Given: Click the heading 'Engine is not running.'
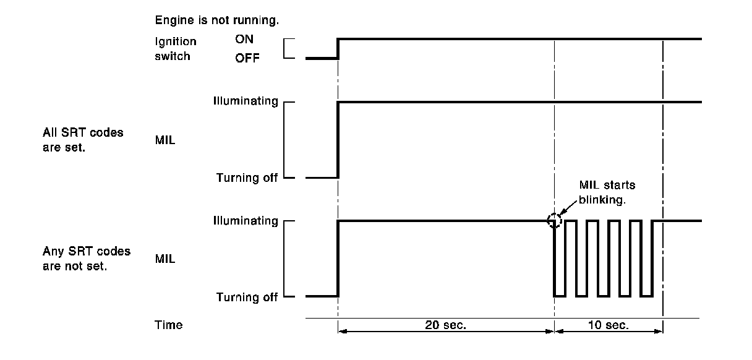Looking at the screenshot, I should [x=216, y=20].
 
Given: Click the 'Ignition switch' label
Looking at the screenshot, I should [x=176, y=49].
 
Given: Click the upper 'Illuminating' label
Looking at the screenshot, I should [x=247, y=101].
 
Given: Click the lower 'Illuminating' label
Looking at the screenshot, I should [x=247, y=221].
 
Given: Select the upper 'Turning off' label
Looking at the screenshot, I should [x=247, y=178].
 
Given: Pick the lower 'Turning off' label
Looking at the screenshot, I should [x=247, y=297].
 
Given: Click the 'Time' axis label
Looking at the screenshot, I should [x=168, y=325].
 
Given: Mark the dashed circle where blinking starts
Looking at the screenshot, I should [x=555, y=221].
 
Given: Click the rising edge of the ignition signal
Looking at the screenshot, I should [x=338, y=49].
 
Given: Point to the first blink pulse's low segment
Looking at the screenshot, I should [x=560, y=296].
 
